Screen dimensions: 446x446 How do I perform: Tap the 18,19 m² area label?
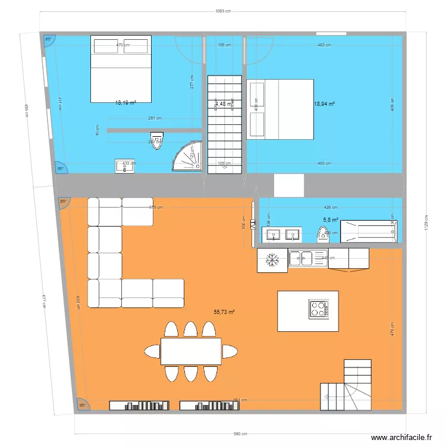point(125,102)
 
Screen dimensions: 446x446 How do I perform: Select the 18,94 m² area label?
point(324,103)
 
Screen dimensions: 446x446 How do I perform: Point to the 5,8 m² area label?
point(331,220)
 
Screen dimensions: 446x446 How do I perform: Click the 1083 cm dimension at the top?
point(222,11)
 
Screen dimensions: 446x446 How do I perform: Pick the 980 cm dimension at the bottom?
point(240,434)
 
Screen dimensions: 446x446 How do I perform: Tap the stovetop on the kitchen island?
point(318,309)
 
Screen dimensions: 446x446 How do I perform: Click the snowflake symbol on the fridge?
point(272,260)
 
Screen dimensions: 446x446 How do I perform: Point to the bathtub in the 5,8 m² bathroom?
point(368,231)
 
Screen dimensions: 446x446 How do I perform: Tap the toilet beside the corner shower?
point(157,139)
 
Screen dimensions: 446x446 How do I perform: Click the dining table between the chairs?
point(191,351)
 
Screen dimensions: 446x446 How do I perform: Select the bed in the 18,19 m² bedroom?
point(121,68)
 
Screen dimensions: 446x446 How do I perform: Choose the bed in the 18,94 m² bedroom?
point(279,109)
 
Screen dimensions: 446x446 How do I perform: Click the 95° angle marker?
point(83,405)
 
